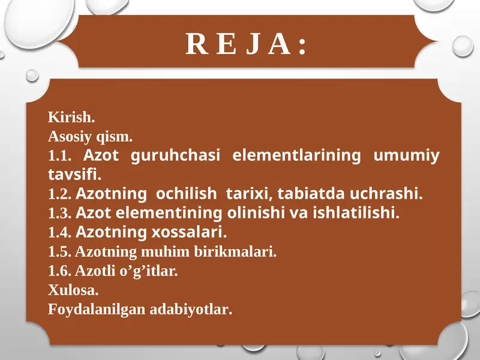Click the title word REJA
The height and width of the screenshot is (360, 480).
click(247, 44)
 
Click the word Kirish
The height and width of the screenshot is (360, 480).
click(71, 116)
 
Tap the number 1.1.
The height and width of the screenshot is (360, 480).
click(59, 156)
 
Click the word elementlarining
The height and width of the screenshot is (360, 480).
click(296, 155)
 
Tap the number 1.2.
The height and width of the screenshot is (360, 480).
click(59, 194)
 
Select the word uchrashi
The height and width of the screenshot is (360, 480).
click(391, 194)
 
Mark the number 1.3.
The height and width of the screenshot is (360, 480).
click(59, 214)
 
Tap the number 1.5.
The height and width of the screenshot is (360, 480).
click(59, 252)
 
